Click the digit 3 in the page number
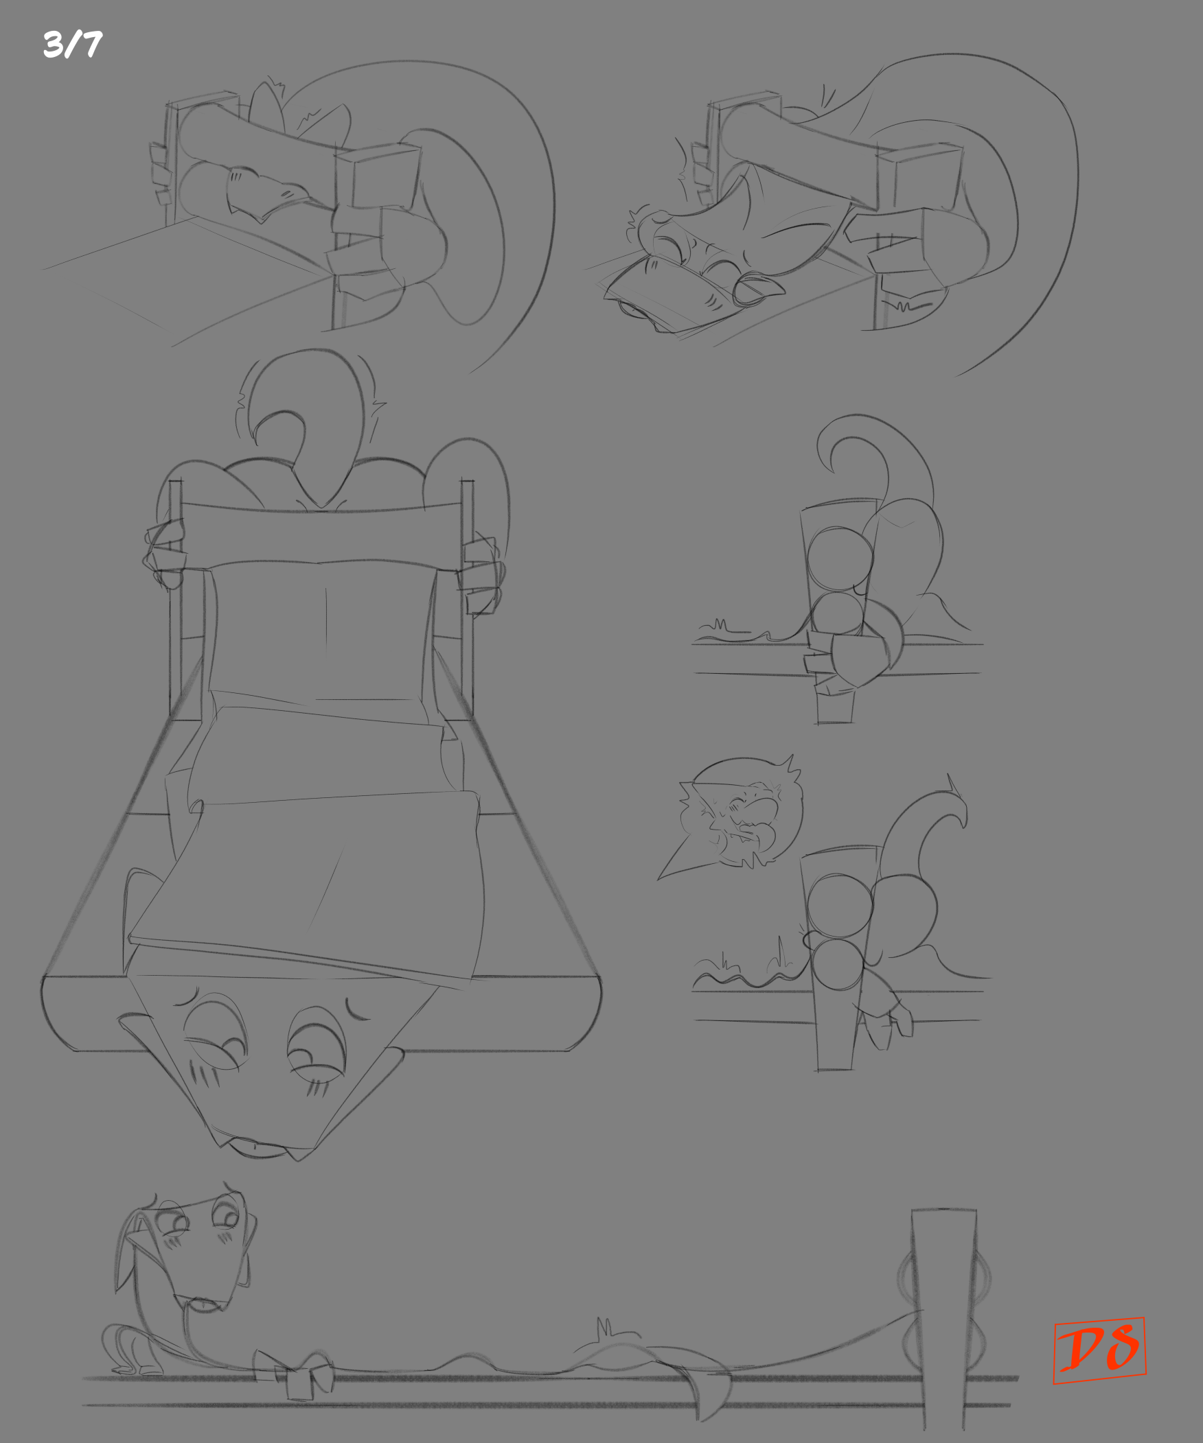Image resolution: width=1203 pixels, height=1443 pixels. (x=54, y=45)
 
